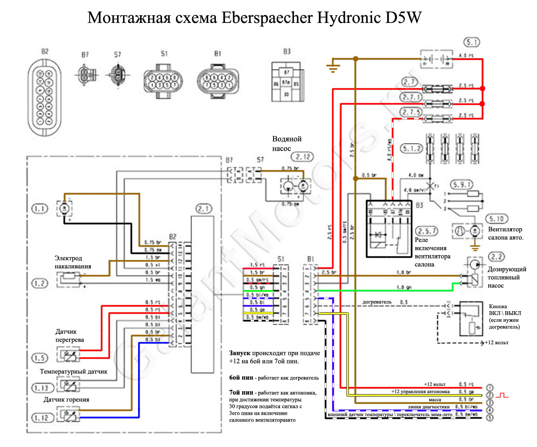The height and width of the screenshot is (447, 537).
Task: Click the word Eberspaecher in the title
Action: [x=267, y=18]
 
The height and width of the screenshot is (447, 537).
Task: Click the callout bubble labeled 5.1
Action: [x=472, y=42]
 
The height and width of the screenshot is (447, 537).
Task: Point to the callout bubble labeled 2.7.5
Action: [x=411, y=112]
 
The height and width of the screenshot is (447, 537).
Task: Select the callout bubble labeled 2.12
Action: [x=303, y=157]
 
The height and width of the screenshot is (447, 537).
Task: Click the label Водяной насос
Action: [x=287, y=143]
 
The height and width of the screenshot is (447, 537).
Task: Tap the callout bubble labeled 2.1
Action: [x=204, y=208]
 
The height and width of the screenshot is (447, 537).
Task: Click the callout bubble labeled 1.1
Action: [x=40, y=208]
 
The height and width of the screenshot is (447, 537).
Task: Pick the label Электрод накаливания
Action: [x=73, y=262]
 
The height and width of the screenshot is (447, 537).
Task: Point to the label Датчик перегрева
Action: [x=70, y=335]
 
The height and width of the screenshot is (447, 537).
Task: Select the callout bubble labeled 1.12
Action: [x=42, y=418]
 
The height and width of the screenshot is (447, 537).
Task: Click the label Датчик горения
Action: [x=66, y=399]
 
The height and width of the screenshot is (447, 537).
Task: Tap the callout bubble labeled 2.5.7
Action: [x=427, y=231]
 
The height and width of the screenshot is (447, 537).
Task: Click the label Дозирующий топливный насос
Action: [x=506, y=277]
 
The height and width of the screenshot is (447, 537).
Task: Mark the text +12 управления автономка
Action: [x=420, y=391]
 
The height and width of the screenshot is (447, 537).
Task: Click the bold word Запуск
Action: [x=240, y=353]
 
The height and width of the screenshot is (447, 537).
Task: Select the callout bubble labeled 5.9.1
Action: [x=462, y=185]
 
